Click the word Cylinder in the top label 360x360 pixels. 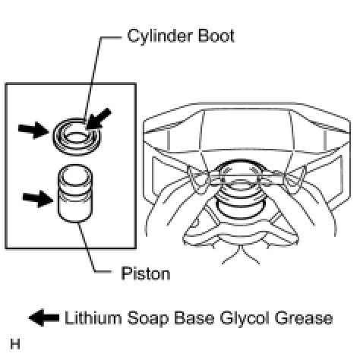coord(160,36)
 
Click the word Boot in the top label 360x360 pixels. coord(216,36)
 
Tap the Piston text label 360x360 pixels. coord(146,273)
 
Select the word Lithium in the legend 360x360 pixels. coord(93,318)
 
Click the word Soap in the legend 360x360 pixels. coord(147,319)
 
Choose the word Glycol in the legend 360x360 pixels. coord(245,319)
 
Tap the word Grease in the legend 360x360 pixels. coord(304,318)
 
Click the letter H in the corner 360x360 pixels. coord(15,344)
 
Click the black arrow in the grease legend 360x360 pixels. coord(44,317)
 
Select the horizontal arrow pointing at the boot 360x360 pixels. coord(33,130)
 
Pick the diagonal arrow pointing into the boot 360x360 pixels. coord(98,119)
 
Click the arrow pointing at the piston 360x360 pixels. coord(38,199)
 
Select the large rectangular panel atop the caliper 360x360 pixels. coord(247,130)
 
